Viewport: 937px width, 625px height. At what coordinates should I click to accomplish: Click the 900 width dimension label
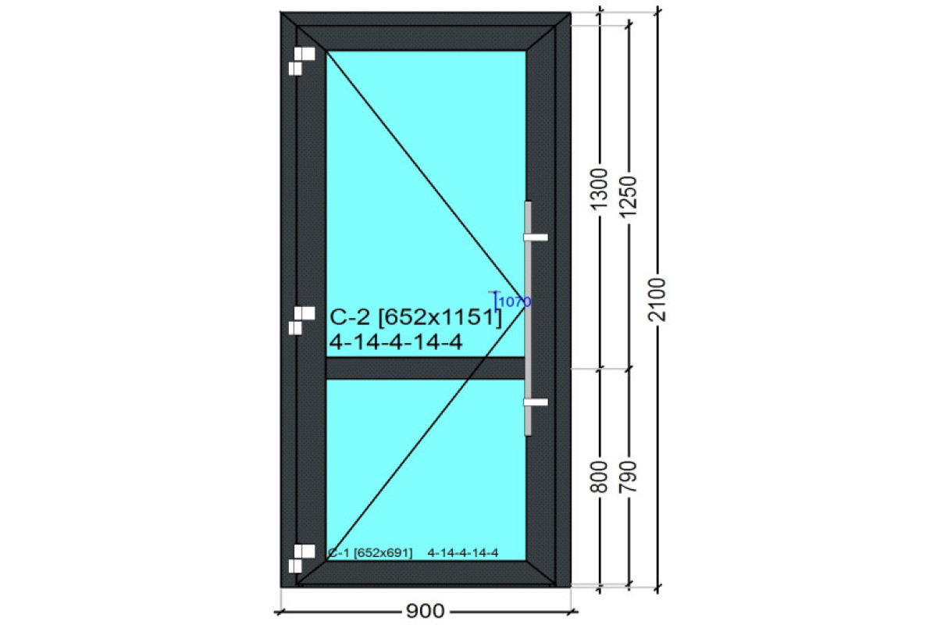click(x=425, y=611)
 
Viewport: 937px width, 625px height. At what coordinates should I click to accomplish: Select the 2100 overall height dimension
click(x=657, y=299)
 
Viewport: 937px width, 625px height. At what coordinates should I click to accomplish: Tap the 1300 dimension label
click(x=598, y=189)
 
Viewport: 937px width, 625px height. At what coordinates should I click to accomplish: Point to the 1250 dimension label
click(x=628, y=197)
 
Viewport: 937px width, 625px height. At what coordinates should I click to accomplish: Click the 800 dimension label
click(x=598, y=477)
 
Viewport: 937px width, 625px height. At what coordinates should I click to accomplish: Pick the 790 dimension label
click(x=628, y=477)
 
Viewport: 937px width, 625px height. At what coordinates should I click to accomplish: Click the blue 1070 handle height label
click(x=515, y=302)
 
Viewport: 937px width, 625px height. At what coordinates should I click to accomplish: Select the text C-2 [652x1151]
click(x=415, y=317)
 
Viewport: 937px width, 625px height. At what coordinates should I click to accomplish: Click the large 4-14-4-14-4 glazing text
click(x=396, y=342)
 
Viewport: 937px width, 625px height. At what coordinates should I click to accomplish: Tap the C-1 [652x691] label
click(x=370, y=553)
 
